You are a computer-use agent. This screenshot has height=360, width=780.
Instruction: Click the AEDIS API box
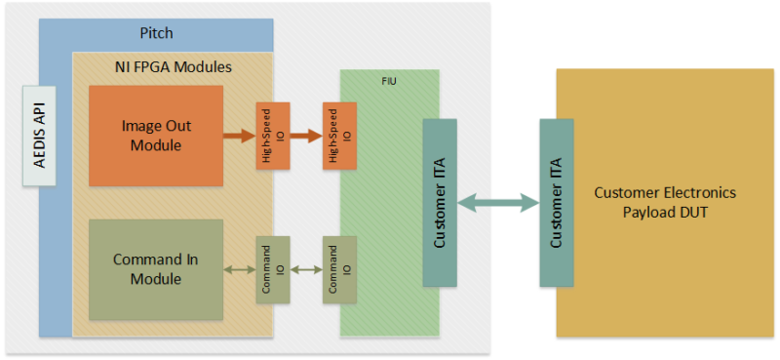pyautogui.click(x=40, y=136)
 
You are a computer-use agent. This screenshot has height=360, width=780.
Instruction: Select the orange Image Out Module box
pyautogui.click(x=155, y=136)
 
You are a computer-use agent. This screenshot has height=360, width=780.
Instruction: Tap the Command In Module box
pyautogui.click(x=155, y=269)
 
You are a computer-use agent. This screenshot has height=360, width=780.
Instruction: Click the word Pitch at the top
pyautogui.click(x=155, y=33)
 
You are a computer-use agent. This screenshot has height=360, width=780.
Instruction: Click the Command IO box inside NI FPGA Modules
pyautogui.click(x=271, y=269)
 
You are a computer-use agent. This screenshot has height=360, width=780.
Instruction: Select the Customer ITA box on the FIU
pyautogui.click(x=440, y=203)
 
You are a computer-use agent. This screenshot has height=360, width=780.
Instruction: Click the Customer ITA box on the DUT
pyautogui.click(x=557, y=203)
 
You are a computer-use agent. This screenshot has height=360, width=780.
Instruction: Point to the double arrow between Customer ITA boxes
pyautogui.click(x=498, y=203)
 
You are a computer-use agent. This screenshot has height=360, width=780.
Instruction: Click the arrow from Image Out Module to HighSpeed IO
pyautogui.click(x=239, y=136)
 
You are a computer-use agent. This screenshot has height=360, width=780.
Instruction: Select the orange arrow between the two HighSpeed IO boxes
pyautogui.click(x=305, y=136)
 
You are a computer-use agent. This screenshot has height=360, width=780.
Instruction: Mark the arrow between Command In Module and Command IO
pyautogui.click(x=239, y=269)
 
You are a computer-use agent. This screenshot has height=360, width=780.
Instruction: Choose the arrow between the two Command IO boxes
pyautogui.click(x=305, y=269)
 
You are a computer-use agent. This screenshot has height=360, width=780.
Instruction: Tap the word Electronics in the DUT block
pyautogui.click(x=699, y=192)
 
